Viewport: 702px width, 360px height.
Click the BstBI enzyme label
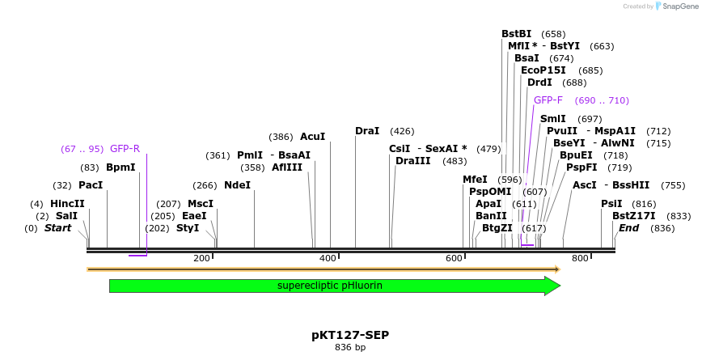click(x=517, y=34)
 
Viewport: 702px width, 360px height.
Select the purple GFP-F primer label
click(x=548, y=100)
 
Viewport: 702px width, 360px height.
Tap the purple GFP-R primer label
click(x=125, y=149)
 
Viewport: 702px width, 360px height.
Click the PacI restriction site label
click(x=91, y=185)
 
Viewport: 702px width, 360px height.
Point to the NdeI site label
click(x=238, y=185)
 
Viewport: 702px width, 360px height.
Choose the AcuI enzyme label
click(x=312, y=137)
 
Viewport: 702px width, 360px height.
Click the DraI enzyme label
click(x=367, y=131)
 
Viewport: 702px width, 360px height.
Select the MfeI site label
click(x=476, y=180)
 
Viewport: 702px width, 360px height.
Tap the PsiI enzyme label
click(x=611, y=204)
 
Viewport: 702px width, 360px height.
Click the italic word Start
click(x=57, y=228)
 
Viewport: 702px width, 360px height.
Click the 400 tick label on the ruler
click(x=328, y=258)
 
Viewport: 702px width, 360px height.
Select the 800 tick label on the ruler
click(x=580, y=258)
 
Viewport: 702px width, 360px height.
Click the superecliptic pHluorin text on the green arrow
click(x=330, y=286)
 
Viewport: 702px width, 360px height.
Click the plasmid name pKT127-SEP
click(x=351, y=334)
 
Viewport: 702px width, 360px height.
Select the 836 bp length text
click(x=351, y=348)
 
